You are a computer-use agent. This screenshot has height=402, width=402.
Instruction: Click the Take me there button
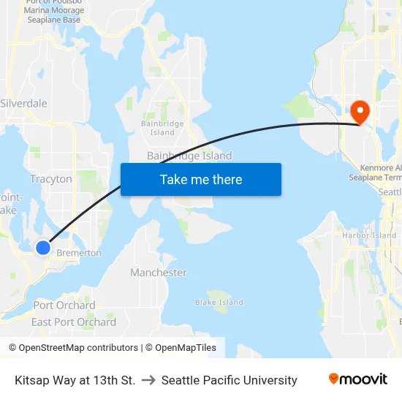click(201, 180)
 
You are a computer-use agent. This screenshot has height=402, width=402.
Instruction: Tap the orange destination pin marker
click(360, 111)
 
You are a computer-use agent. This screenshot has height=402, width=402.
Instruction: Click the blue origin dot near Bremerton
click(43, 248)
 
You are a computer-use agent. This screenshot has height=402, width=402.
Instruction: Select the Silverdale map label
click(24, 104)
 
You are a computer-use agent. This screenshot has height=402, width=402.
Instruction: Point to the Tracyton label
click(51, 179)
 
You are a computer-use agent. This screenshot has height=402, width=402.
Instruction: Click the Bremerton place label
click(79, 253)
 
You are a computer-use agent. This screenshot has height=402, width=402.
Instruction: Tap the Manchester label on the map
click(159, 273)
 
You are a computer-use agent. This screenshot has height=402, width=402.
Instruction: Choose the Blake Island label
click(219, 303)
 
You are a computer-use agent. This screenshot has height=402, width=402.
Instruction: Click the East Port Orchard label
click(74, 322)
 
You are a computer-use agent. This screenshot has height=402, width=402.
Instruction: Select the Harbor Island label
click(369, 235)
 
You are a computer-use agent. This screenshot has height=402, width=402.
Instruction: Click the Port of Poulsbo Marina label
click(53, 10)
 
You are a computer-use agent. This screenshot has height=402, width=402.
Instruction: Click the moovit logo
click(358, 379)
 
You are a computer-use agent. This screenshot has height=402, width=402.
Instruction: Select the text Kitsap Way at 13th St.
click(75, 380)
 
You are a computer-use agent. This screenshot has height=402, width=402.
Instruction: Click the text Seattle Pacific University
click(230, 380)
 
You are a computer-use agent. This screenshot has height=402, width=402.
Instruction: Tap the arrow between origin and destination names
click(148, 380)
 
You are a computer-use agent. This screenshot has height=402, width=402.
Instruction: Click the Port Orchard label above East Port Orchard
click(64, 306)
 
